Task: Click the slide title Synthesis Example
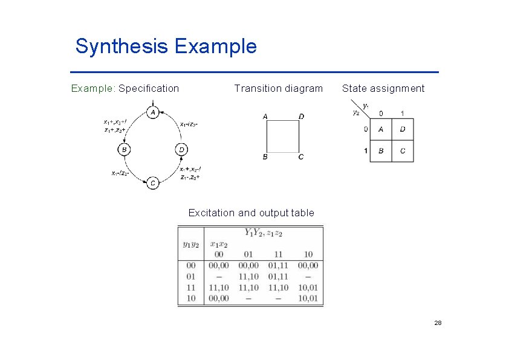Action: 166,47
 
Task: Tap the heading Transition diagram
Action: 278,89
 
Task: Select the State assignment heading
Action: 383,89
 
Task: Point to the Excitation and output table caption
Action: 251,213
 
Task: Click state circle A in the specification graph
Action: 153,113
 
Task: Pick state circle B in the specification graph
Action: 124,149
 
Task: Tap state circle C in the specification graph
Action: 153,182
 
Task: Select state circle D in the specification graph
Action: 182,149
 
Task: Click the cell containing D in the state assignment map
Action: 403,129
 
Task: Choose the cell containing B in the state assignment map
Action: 381,151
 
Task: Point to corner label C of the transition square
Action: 301,158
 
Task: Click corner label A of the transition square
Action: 265,116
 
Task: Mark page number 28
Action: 438,323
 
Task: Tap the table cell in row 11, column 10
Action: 308,288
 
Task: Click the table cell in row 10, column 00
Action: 218,298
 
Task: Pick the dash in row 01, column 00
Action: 218,277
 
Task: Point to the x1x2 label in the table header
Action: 218,244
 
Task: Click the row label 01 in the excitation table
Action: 191,277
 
